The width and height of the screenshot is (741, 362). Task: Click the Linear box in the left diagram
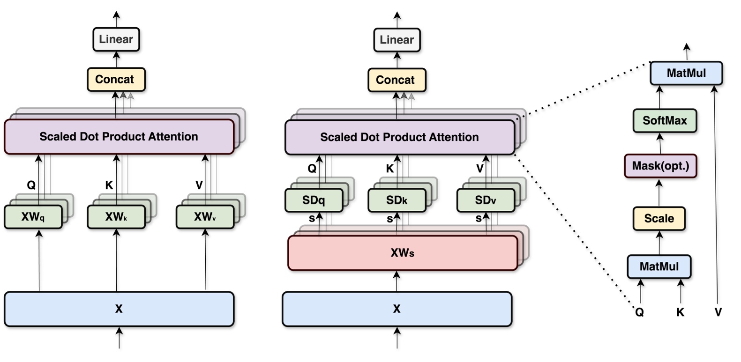coord(116,39)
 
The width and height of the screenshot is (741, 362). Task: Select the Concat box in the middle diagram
coord(397,80)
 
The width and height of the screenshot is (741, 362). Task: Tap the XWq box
coord(33,217)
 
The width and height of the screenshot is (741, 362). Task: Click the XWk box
coord(116,217)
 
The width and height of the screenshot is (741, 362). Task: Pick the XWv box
coord(205,217)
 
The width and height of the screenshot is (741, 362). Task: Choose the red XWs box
coord(402,253)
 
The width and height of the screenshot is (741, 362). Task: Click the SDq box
coord(314,200)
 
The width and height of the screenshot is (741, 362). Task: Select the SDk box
coord(397,200)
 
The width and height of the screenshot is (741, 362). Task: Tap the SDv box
coord(485,200)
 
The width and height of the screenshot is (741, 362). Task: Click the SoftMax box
coord(664,121)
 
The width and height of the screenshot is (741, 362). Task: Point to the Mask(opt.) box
coord(660,166)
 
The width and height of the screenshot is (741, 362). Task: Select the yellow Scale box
coord(659,219)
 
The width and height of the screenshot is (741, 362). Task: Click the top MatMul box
coord(686,73)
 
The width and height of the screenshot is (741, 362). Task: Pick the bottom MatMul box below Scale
coord(659,267)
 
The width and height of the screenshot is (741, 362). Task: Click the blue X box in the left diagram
coord(119,309)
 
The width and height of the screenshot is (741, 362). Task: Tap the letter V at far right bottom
coord(718,312)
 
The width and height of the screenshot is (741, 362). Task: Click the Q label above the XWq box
coord(31,185)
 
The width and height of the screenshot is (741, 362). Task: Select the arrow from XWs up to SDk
coord(397,224)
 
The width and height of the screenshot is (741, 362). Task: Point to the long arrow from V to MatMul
coord(716,197)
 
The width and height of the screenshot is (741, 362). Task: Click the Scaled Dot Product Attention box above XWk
coord(119,137)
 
